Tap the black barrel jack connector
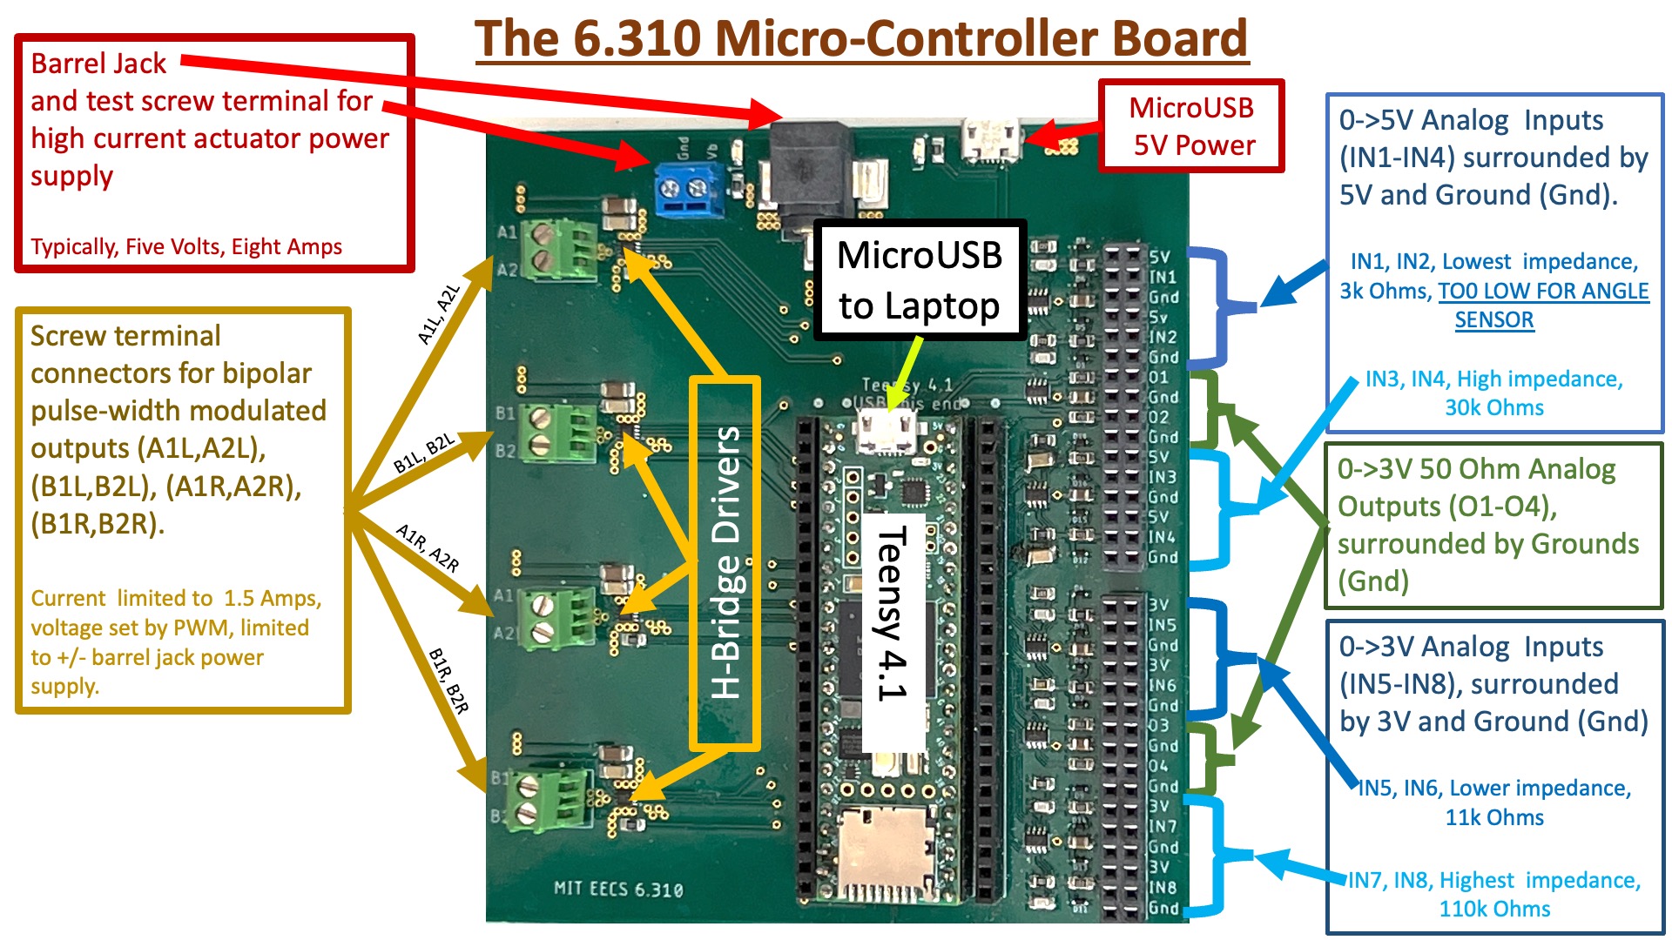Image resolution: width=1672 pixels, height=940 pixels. [809, 170]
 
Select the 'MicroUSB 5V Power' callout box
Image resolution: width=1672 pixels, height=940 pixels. [1192, 126]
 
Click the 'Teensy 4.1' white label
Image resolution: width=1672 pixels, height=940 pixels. [892, 614]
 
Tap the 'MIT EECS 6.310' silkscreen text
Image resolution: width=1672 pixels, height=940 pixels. [618, 890]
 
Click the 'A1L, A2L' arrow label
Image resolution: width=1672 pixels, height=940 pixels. [438, 314]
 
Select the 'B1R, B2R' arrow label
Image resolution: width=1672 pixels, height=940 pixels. [448, 681]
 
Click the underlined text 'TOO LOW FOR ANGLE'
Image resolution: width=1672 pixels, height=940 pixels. [1542, 291]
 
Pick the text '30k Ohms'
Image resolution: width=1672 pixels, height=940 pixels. [1494, 407]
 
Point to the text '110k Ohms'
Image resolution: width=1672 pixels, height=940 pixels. [1494, 909]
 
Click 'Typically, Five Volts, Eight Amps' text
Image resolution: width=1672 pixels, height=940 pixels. [186, 247]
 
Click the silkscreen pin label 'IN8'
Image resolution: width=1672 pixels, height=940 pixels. [1162, 888]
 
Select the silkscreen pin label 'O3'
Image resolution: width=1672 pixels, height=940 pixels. [1158, 726]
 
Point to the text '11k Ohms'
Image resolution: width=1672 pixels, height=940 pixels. [1494, 817]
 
